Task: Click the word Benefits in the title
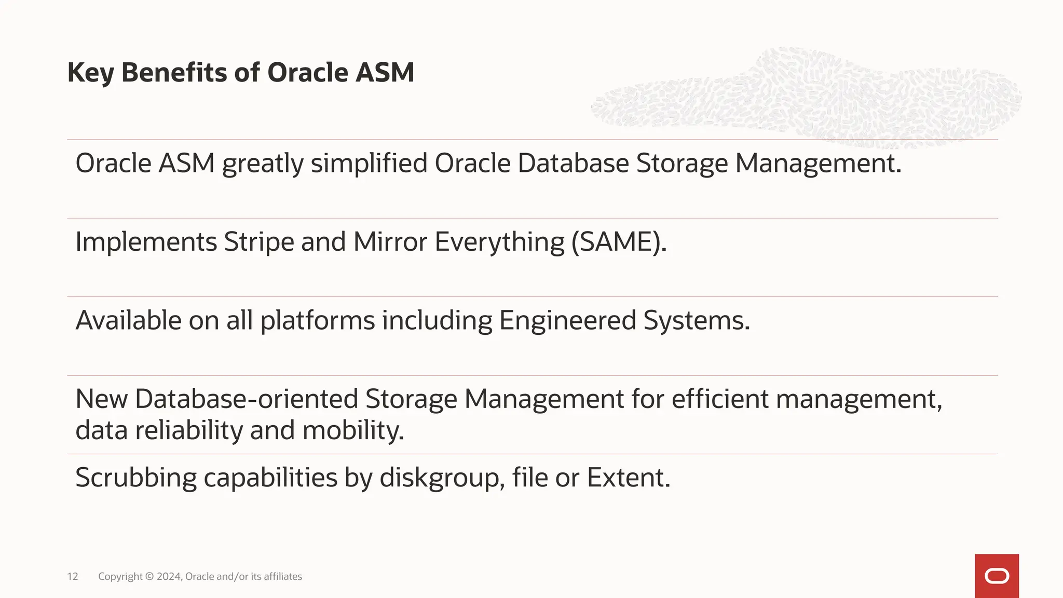174,72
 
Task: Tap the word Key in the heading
90,72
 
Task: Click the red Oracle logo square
997,576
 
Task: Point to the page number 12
73,576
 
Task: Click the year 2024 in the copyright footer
169,576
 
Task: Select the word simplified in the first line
369,163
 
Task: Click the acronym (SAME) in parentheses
619,242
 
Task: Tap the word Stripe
259,242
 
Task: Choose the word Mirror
390,242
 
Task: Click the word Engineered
567,320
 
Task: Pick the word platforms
317,320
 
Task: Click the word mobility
352,430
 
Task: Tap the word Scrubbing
136,478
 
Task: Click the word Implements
146,242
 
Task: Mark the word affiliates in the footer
283,576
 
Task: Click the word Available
128,320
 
